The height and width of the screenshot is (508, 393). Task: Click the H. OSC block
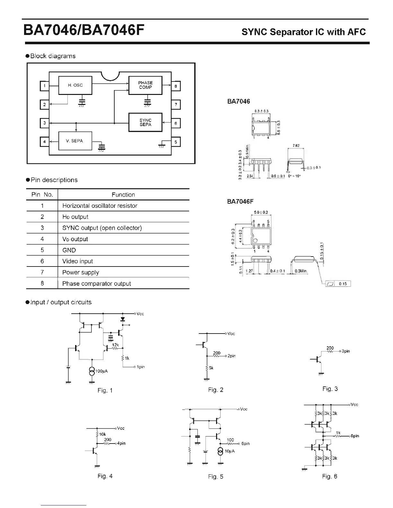(x=75, y=85)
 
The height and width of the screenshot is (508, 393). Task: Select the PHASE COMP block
(x=145, y=85)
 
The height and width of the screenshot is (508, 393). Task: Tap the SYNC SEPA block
(x=145, y=122)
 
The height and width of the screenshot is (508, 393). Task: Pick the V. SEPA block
(x=75, y=141)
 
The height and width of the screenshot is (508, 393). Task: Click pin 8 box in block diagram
(x=176, y=86)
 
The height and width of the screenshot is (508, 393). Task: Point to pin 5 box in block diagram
(x=176, y=142)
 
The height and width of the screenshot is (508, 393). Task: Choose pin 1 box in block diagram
(x=44, y=86)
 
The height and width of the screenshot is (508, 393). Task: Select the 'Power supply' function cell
(x=81, y=273)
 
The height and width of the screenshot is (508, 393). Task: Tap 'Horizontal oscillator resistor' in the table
(x=100, y=206)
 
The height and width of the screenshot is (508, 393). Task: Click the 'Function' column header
(x=123, y=195)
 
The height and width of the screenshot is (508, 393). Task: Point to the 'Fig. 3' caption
(x=330, y=389)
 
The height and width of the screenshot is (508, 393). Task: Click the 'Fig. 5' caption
(x=215, y=477)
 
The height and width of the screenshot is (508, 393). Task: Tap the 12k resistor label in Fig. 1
(x=115, y=345)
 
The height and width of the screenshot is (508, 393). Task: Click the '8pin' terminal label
(x=355, y=436)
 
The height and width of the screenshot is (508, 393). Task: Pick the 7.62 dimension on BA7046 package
(x=296, y=146)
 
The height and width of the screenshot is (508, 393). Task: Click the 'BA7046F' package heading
(x=240, y=201)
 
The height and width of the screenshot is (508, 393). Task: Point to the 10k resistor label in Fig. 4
(x=102, y=434)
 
